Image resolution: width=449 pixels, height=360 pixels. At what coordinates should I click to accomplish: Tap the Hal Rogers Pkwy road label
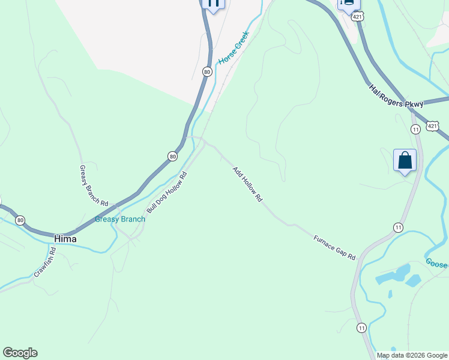pyautogui.click(x=396, y=95)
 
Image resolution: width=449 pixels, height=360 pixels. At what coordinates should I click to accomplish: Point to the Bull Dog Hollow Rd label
pyautogui.click(x=167, y=191)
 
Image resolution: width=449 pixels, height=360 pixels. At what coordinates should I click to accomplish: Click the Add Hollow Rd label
pyautogui.click(x=248, y=184)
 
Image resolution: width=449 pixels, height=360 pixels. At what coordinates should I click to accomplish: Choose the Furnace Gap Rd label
pyautogui.click(x=334, y=247)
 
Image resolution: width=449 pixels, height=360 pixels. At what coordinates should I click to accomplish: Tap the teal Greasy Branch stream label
pyautogui.click(x=120, y=219)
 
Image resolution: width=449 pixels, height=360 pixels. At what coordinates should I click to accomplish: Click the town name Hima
pyautogui.click(x=65, y=238)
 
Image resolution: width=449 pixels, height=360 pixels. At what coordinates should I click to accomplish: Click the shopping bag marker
pyautogui.click(x=405, y=161)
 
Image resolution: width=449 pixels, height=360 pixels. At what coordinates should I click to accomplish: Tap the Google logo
pyautogui.click(x=20, y=353)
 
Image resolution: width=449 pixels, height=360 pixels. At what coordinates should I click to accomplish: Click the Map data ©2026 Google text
pyautogui.click(x=411, y=355)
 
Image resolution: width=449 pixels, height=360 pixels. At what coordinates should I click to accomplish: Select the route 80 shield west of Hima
pyautogui.click(x=20, y=220)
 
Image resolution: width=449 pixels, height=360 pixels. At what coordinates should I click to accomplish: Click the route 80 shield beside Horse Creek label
pyautogui.click(x=207, y=71)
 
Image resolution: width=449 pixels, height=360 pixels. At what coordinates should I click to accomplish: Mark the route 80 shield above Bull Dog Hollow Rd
pyautogui.click(x=173, y=156)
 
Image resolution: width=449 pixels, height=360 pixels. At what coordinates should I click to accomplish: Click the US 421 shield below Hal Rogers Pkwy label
pyautogui.click(x=433, y=125)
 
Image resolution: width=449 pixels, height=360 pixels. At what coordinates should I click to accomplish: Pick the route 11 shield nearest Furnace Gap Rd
pyautogui.click(x=398, y=227)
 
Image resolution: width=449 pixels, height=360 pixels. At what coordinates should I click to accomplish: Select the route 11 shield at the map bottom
pyautogui.click(x=361, y=328)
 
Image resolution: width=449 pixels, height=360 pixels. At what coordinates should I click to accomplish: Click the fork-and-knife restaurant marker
pyautogui.click(x=212, y=3)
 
